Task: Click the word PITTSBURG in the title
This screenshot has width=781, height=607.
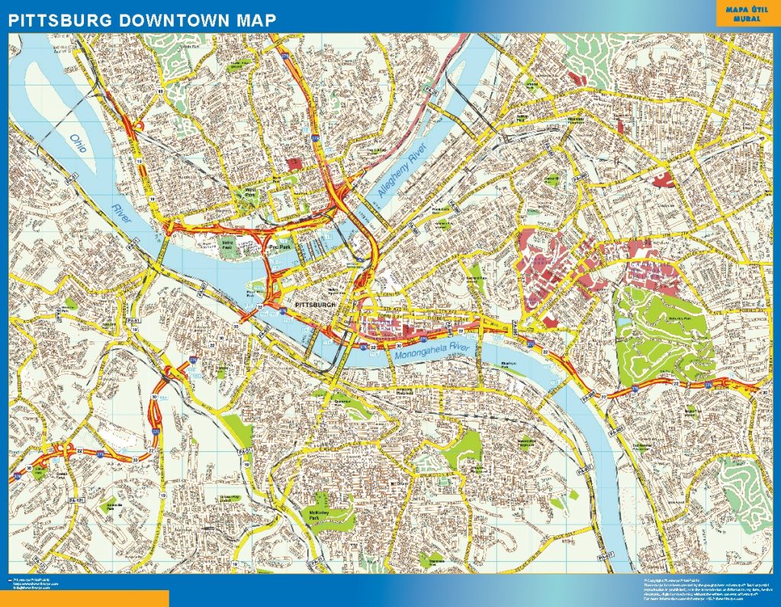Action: (60, 20)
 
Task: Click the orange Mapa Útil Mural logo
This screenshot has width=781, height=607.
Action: (745, 14)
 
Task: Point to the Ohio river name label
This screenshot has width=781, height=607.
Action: (79, 144)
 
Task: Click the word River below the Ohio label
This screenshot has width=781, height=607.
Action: (121, 215)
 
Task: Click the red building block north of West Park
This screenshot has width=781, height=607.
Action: (294, 163)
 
